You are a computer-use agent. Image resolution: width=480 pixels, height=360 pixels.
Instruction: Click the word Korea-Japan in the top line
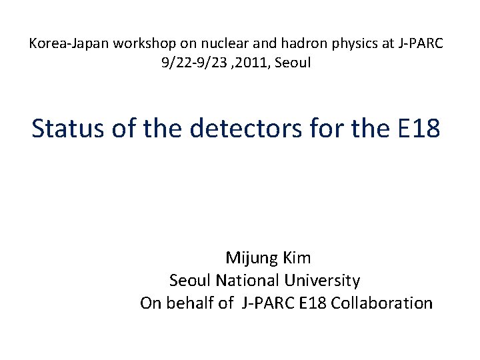coord(61,44)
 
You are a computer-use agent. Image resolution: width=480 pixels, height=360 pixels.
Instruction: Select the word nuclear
coord(201,44)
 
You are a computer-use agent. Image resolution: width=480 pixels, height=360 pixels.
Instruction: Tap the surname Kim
coord(297,257)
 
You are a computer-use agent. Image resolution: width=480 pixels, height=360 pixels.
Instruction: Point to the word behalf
coord(189,303)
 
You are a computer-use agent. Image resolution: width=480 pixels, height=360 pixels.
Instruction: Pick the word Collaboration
coord(382,303)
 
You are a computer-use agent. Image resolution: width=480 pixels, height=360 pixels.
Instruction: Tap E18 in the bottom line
coord(313,303)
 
